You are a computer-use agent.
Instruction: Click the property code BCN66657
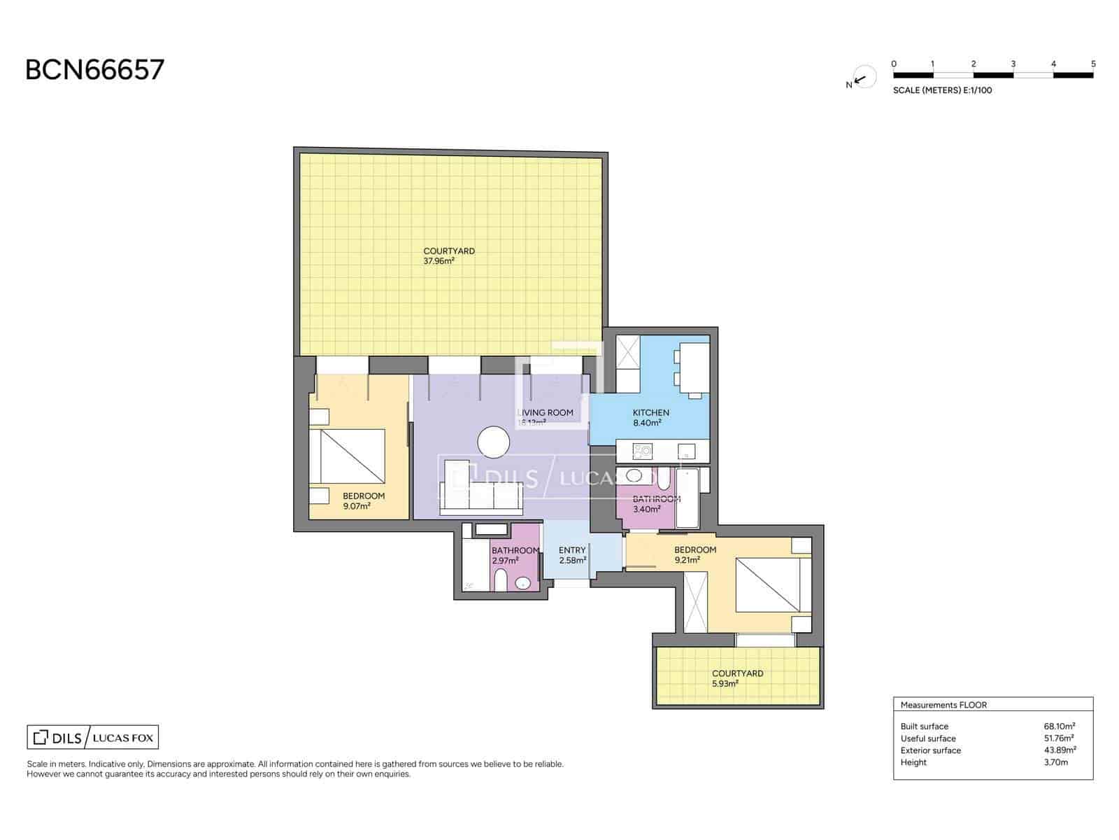95,70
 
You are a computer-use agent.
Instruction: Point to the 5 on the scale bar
1093,64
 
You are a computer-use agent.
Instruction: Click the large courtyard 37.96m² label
448,255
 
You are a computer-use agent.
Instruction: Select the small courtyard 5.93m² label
737,678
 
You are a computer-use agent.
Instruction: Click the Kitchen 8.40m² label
650,417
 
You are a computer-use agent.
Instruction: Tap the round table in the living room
494,442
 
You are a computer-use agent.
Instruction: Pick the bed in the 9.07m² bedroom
352,456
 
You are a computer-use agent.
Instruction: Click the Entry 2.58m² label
572,555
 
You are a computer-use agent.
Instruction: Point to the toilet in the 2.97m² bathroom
500,580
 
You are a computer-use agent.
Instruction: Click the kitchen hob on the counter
641,451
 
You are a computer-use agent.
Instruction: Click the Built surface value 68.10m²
1059,727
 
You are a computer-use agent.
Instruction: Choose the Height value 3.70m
1055,762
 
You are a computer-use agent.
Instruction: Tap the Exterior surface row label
930,750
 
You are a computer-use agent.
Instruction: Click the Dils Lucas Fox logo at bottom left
92,737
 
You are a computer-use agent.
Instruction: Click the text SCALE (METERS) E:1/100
942,90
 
